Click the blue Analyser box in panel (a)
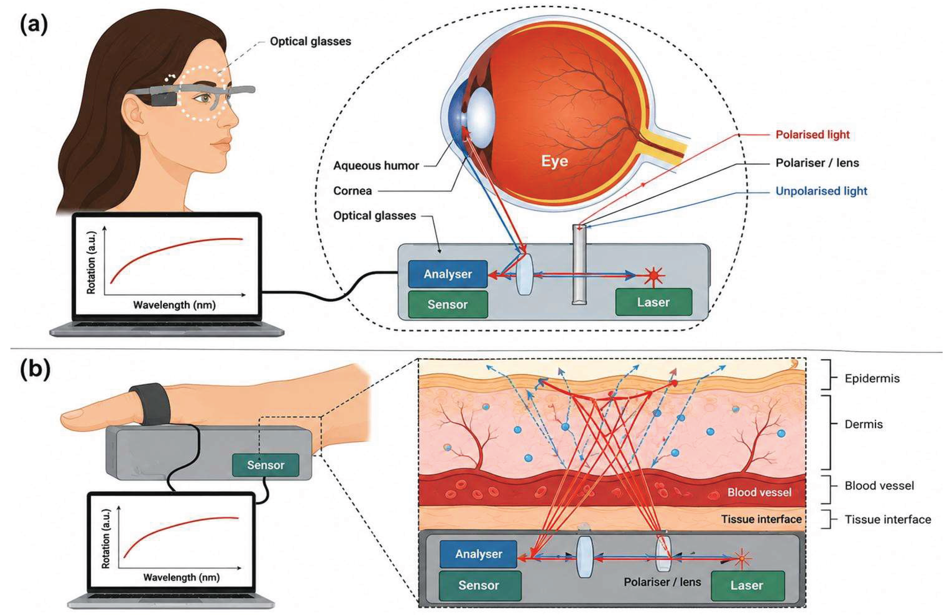(447, 274)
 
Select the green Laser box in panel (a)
(653, 302)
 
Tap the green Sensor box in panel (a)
(447, 304)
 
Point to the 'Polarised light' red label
(812, 135)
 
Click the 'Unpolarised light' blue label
(821, 191)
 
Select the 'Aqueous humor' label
(376, 165)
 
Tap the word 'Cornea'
(353, 191)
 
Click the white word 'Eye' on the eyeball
(554, 161)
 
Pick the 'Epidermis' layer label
(872, 378)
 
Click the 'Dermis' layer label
(864, 424)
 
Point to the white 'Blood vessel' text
(759, 492)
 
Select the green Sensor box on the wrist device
(265, 465)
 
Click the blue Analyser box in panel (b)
(478, 554)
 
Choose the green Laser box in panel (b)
(746, 585)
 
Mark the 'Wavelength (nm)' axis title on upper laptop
(174, 305)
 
